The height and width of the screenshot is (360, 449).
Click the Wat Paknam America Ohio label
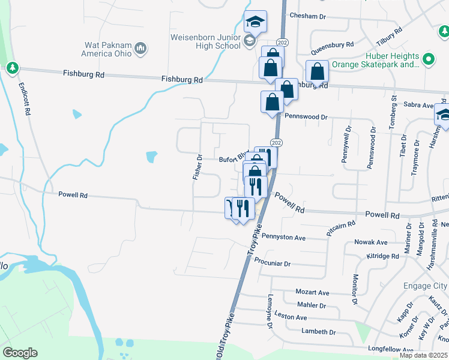108,47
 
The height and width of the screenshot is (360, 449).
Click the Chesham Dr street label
312,16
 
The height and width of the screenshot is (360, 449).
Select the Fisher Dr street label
197,167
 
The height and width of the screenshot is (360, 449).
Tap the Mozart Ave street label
313,292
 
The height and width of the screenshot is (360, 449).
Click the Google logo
20,353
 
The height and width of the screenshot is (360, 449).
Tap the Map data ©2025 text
423,355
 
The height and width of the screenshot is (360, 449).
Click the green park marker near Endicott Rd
12,68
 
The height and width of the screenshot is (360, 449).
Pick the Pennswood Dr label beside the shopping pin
306,117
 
